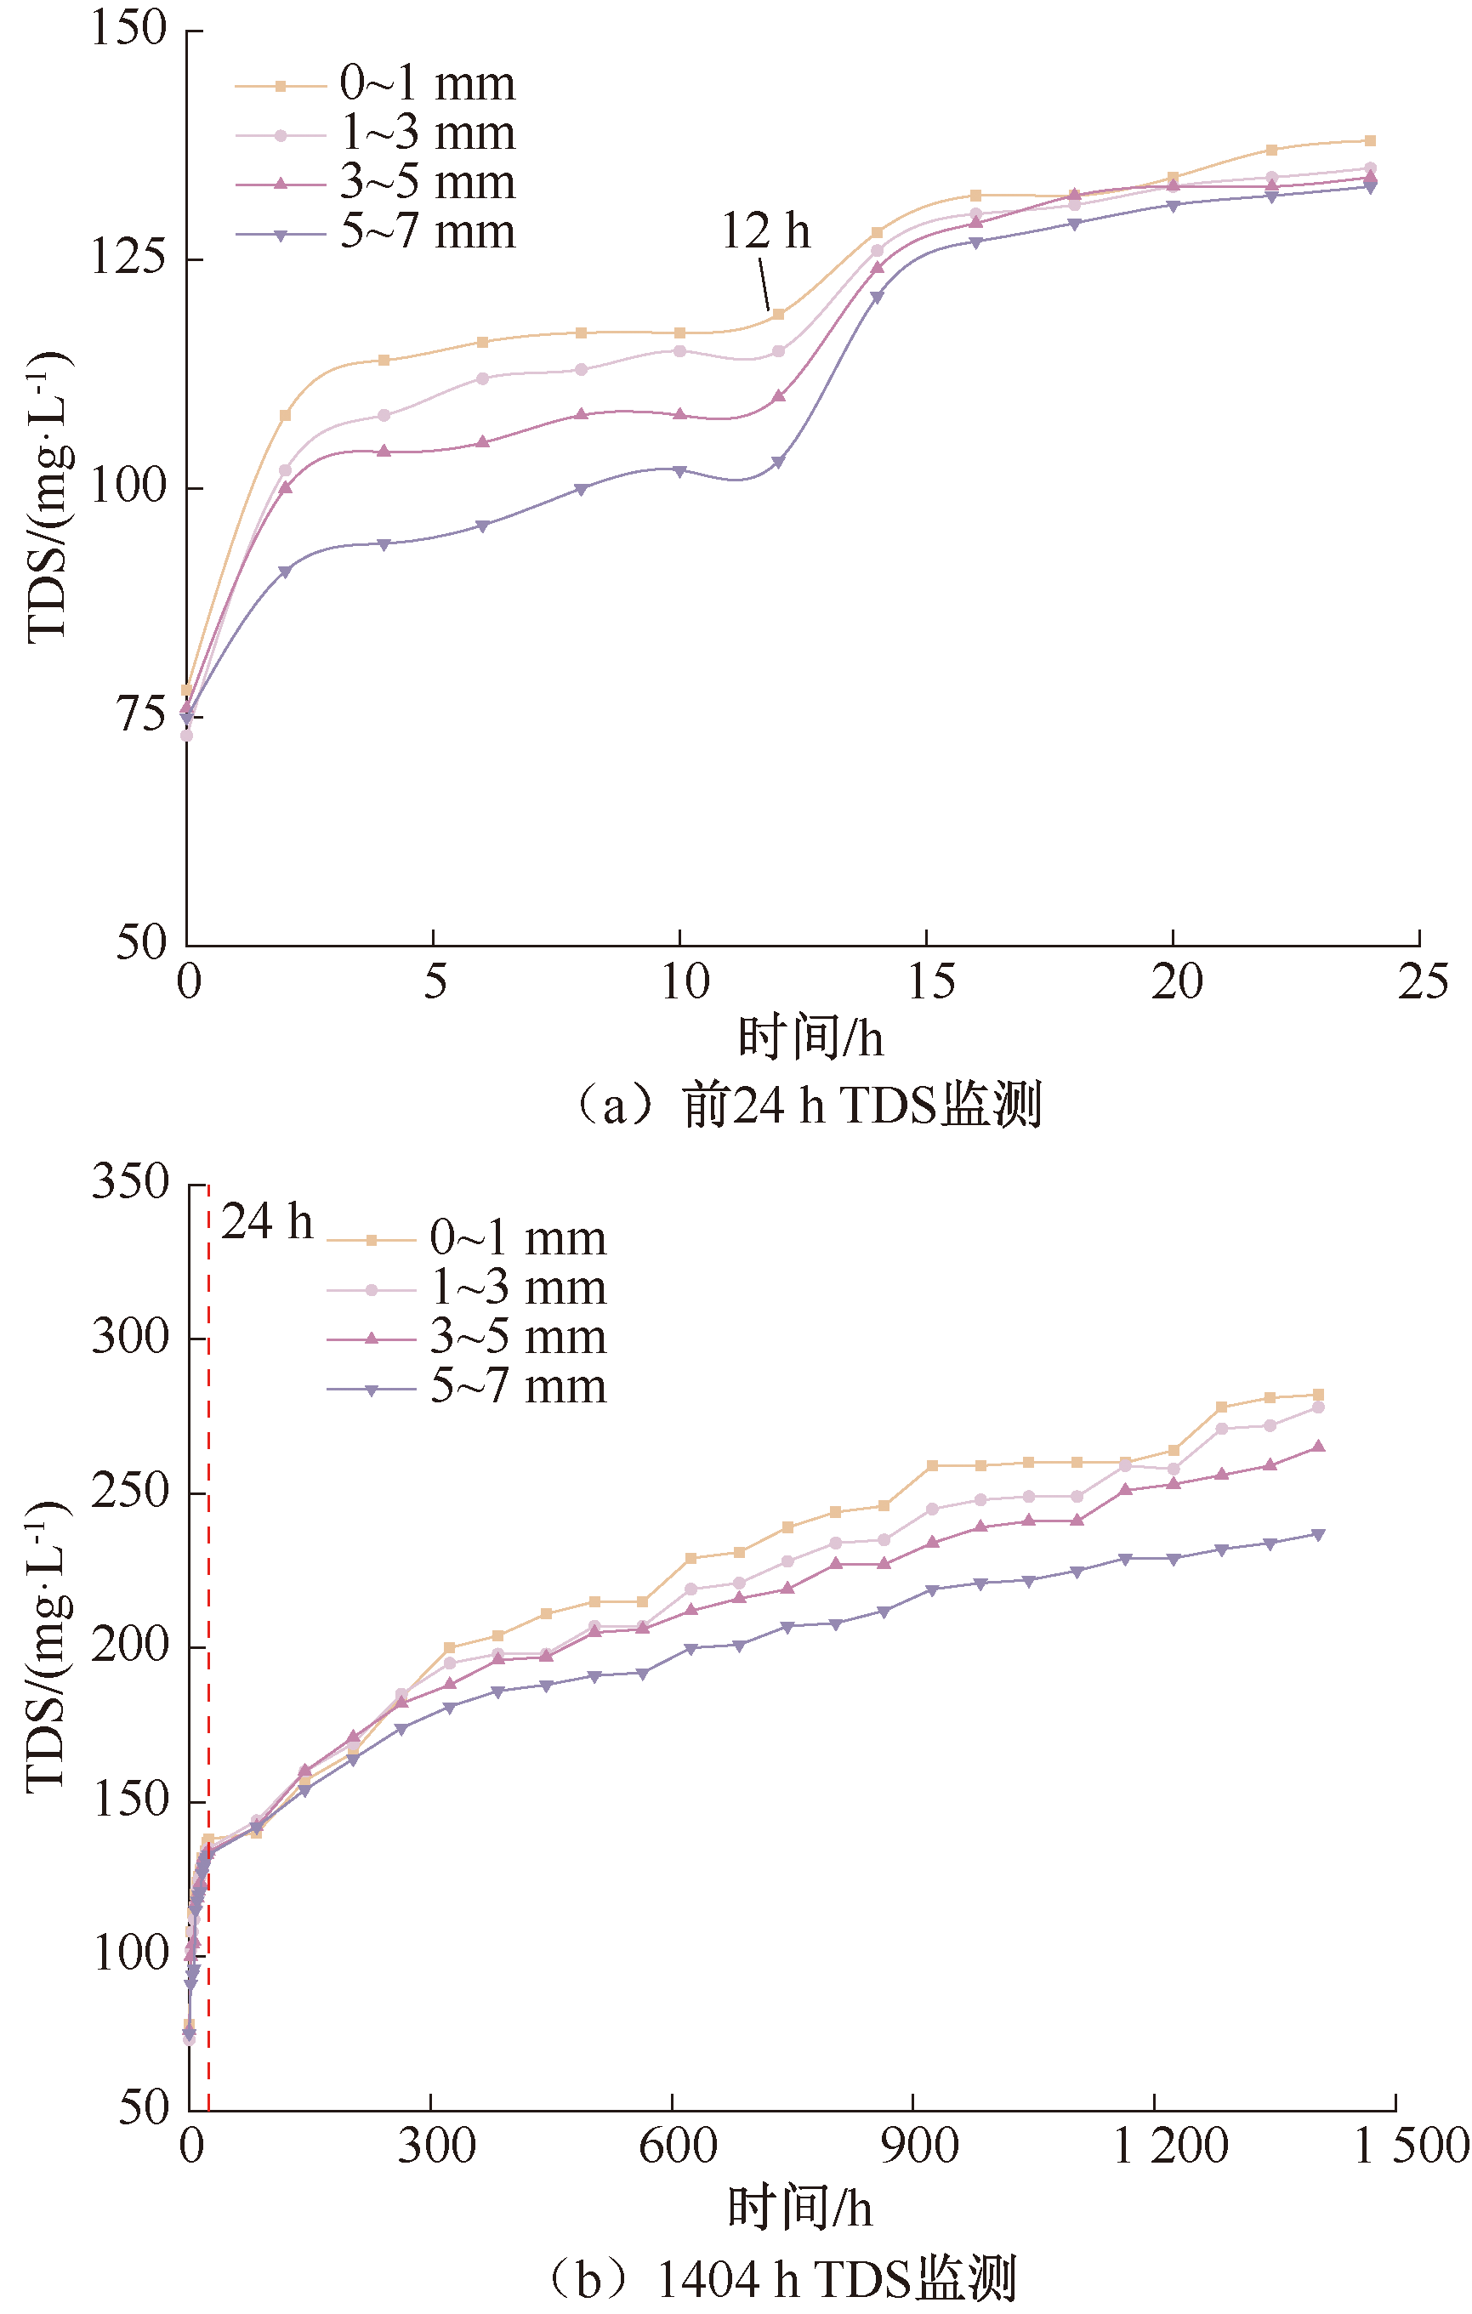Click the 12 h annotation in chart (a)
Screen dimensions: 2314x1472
tap(766, 231)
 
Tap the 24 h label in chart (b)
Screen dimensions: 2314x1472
tap(267, 1222)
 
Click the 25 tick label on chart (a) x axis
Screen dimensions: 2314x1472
tap(1423, 982)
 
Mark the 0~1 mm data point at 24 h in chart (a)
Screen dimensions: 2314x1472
tap(1370, 141)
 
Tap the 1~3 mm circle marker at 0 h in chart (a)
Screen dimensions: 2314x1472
tap(186, 735)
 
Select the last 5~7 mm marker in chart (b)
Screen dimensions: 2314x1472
tap(1318, 1535)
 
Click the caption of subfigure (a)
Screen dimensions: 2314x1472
tap(807, 1105)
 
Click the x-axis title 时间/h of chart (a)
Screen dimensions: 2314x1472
tap(810, 1038)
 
